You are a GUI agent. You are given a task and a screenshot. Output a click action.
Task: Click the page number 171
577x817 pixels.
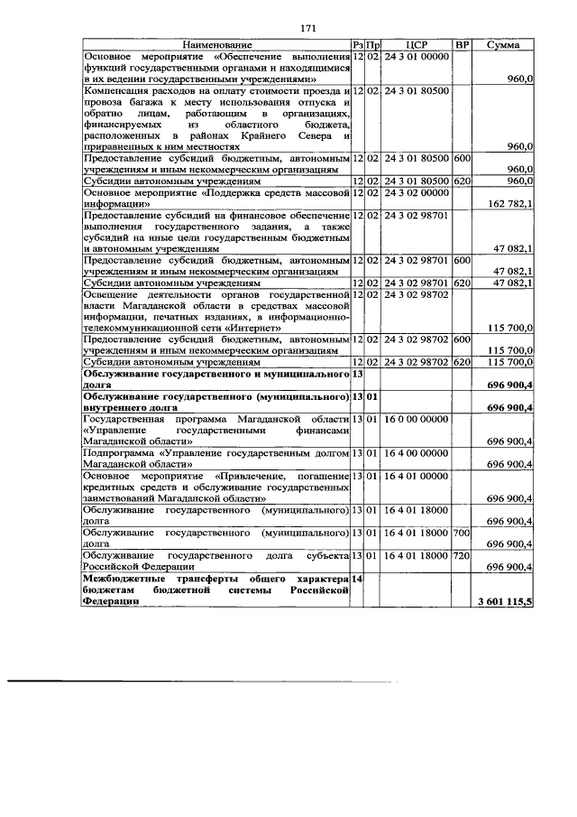307,28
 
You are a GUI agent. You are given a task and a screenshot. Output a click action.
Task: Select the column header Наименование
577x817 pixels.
216,44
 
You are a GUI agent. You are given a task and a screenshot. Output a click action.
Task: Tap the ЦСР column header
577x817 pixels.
417,44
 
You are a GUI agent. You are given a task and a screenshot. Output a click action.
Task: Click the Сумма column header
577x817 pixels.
502,44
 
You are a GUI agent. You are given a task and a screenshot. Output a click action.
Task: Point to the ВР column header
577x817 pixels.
462,44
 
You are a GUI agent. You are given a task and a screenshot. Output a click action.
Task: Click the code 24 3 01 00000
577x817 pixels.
416,56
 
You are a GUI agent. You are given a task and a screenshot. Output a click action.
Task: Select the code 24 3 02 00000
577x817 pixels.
416,191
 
